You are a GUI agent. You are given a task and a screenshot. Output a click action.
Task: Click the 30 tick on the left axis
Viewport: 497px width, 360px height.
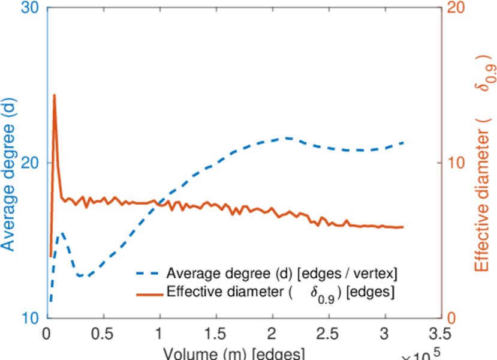click(x=31, y=10)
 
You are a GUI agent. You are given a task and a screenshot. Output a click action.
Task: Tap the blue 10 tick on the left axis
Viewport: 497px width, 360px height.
click(x=31, y=317)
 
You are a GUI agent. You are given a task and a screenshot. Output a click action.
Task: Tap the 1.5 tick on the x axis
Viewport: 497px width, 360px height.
click(x=216, y=334)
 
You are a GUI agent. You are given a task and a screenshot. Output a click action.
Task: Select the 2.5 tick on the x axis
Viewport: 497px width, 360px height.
click(x=329, y=334)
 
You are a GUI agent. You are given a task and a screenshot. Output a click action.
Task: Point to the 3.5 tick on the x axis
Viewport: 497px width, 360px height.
click(x=441, y=334)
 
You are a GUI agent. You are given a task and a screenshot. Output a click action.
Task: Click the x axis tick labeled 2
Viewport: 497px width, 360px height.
click(x=273, y=334)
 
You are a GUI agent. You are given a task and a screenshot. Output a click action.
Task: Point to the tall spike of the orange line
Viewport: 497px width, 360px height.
click(x=55, y=95)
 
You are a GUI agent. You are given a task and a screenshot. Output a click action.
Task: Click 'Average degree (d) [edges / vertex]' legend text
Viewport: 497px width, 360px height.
click(x=282, y=274)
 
